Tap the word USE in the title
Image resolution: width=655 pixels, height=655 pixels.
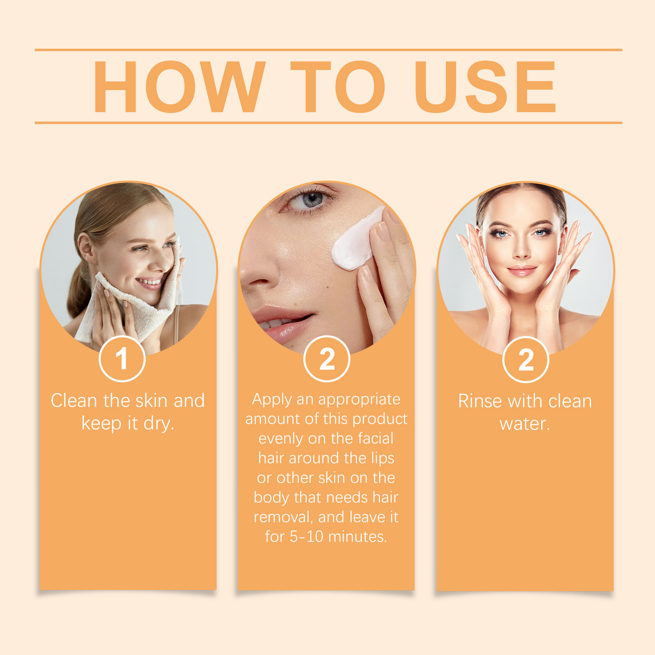click(x=486, y=86)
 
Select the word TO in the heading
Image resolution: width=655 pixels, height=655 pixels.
click(x=338, y=86)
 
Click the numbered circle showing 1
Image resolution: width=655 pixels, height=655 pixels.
click(x=122, y=359)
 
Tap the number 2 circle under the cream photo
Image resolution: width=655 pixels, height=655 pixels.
click(x=327, y=359)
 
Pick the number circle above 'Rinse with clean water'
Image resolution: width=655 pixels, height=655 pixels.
click(x=526, y=359)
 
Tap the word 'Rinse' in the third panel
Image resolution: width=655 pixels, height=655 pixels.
click(x=480, y=401)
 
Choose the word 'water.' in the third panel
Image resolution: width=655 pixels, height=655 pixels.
click(x=525, y=424)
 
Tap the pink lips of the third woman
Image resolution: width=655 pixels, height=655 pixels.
click(x=522, y=271)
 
